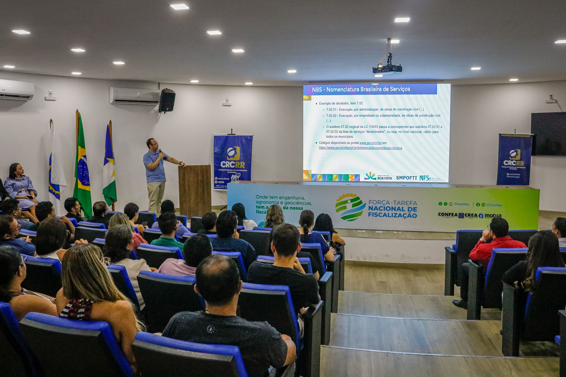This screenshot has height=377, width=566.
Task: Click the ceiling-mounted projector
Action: point(387,68)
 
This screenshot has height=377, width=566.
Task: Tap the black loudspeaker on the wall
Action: point(167,100)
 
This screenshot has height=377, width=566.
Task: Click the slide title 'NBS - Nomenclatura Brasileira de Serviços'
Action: point(361,89)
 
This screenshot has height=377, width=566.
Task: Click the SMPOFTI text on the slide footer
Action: point(406,178)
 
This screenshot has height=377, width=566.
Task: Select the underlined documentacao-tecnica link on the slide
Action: point(360,148)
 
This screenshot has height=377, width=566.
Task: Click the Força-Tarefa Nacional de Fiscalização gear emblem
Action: point(350,207)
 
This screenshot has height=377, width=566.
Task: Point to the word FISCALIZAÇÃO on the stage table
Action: point(392,215)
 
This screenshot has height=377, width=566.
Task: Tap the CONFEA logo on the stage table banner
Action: point(448,215)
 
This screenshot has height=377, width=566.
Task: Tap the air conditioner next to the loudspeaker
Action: point(135,96)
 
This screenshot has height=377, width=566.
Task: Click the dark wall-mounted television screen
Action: point(548,134)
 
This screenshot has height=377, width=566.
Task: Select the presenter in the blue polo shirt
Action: point(155,174)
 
